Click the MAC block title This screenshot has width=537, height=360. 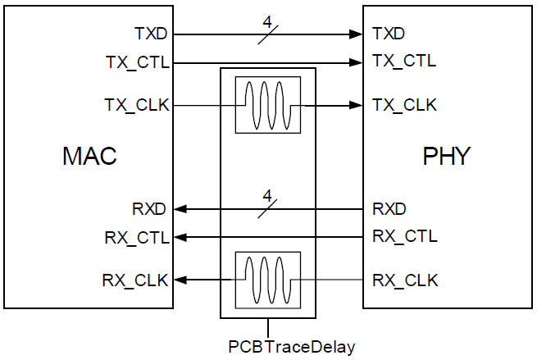coord(90,157)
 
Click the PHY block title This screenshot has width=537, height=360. coord(446,157)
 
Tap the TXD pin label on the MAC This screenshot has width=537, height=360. coord(152,34)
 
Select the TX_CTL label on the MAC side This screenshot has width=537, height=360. coord(138,62)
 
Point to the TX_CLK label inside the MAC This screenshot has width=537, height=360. coord(138,106)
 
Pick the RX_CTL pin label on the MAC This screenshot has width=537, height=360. coord(138,238)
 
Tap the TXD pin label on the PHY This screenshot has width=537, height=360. coord(389,34)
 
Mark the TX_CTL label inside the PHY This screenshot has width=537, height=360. coord(404,62)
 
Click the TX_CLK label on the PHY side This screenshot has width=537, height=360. coord(404,105)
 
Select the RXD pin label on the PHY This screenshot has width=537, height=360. coord(389,209)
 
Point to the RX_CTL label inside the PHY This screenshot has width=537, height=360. coord(404,237)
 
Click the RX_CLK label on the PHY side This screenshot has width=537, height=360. coord(404,280)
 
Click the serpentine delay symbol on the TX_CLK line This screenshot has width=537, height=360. coord(268,105)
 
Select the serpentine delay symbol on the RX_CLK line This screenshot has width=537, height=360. coord(268,280)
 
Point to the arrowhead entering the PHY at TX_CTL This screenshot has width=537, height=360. coord(358,62)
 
